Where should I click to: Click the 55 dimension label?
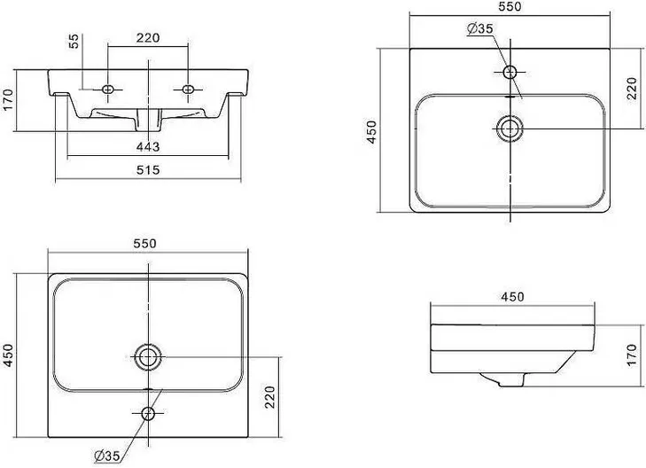(x=74, y=41)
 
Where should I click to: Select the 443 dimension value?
(x=148, y=146)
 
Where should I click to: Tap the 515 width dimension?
(x=148, y=169)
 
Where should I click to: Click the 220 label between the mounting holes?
(x=148, y=38)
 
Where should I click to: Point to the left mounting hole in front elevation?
(x=108, y=89)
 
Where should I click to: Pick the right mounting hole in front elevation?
(x=188, y=89)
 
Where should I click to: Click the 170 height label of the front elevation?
(x=8, y=100)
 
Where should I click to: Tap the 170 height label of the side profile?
(x=632, y=356)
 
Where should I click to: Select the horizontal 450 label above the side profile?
(x=512, y=297)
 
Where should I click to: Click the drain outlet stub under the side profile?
(x=511, y=379)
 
